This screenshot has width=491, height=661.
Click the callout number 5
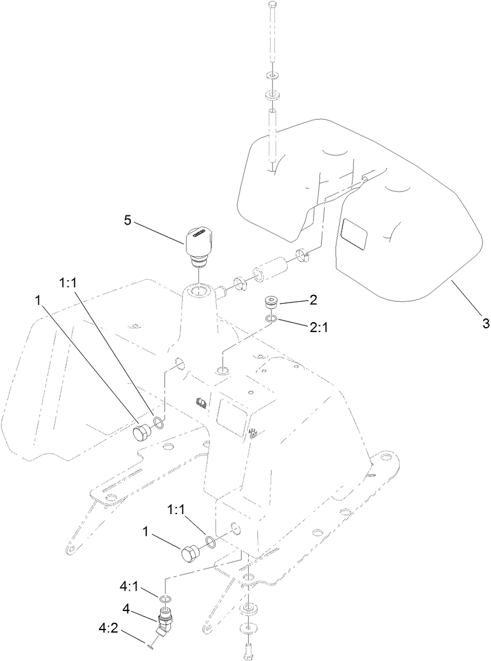click(x=127, y=220)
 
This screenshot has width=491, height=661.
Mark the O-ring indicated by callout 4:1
click(x=165, y=599)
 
